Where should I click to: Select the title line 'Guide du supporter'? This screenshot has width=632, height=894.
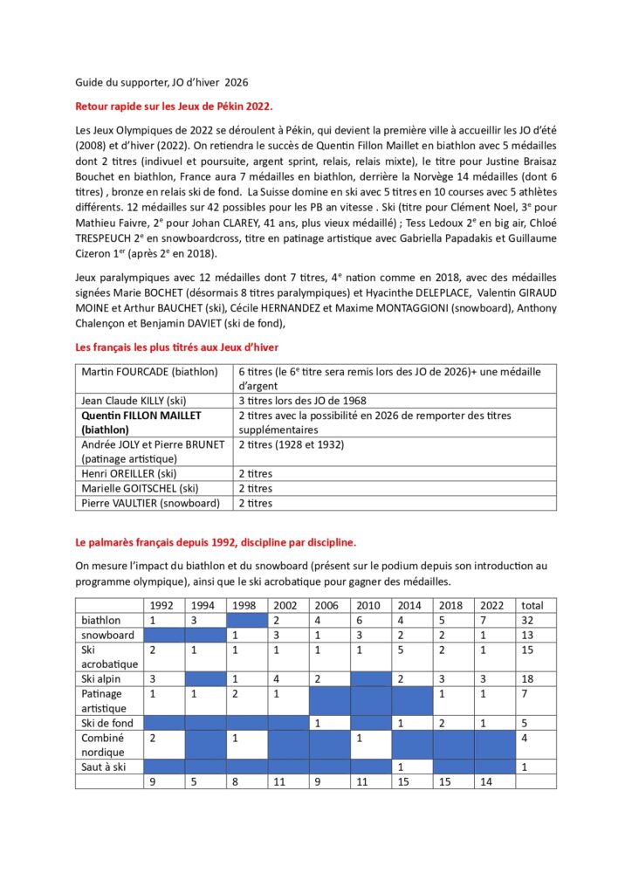tap(161, 83)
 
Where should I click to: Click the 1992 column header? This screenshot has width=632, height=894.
tap(161, 605)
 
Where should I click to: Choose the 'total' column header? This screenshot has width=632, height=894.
tap(532, 605)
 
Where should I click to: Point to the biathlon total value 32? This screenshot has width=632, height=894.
tap(528, 620)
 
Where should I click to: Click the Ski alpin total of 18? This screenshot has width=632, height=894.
tap(528, 678)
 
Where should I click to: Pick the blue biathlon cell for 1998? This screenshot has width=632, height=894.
tap(247, 620)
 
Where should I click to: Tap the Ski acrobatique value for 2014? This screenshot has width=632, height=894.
tap(401, 650)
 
